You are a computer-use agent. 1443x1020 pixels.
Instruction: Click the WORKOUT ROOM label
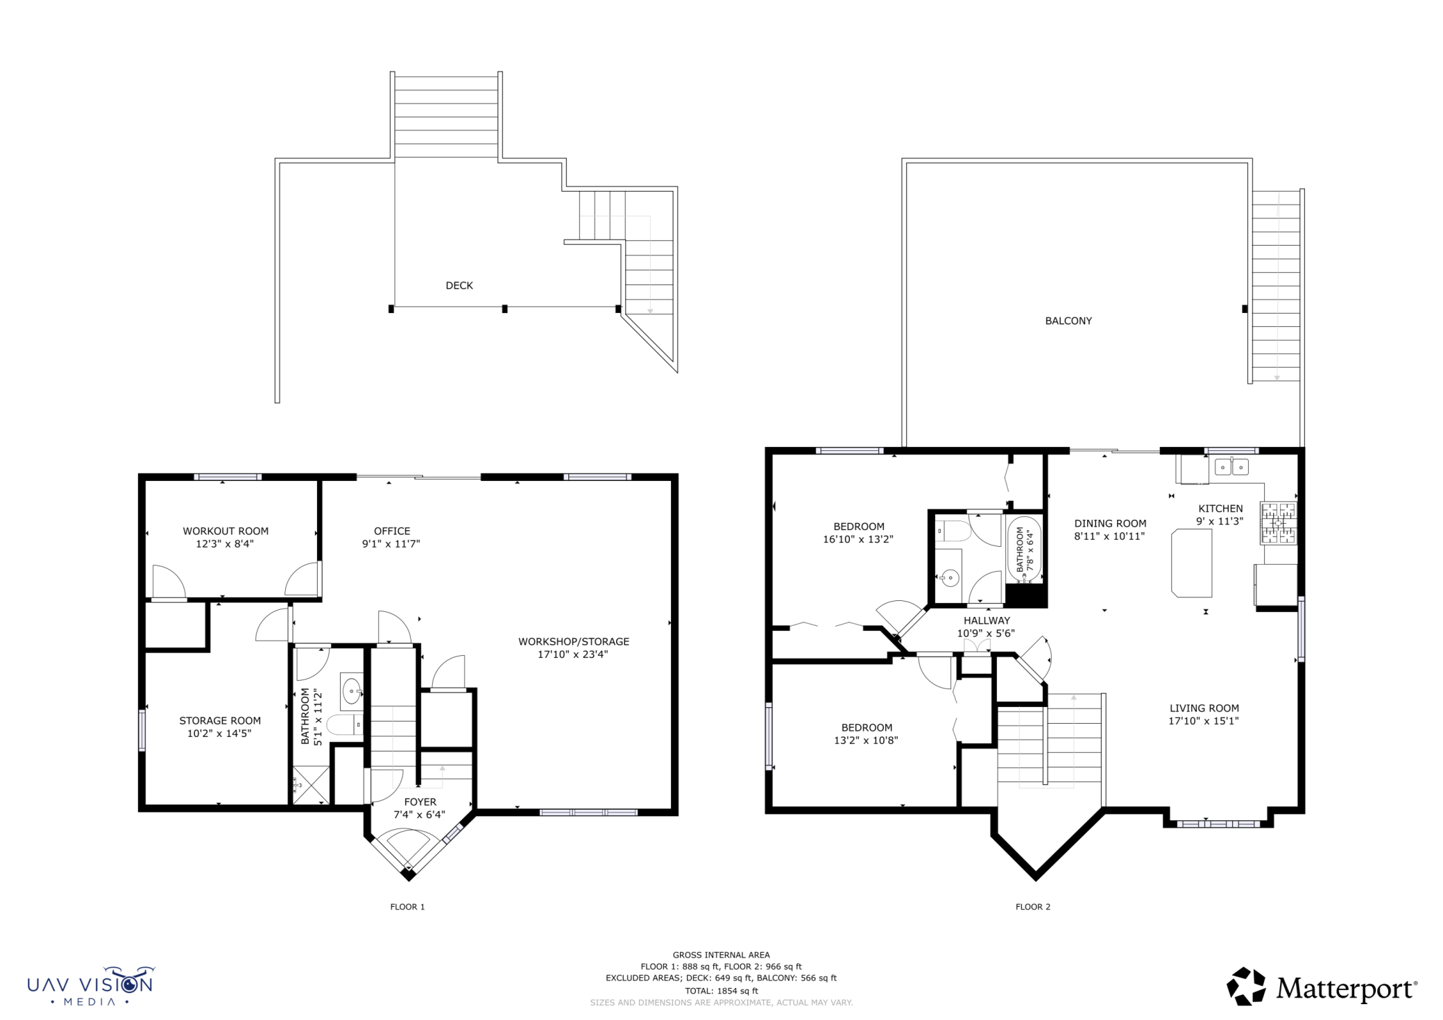tap(225, 531)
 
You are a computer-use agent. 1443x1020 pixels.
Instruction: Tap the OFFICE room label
tap(392, 531)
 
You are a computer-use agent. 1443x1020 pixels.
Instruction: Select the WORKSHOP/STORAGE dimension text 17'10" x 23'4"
tap(572, 654)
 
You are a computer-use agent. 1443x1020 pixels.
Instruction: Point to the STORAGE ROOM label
tap(220, 721)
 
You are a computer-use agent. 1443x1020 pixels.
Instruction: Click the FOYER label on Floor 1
tap(420, 802)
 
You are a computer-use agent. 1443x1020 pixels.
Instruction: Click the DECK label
tap(459, 285)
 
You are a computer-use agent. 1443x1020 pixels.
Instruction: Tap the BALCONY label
tap(1068, 321)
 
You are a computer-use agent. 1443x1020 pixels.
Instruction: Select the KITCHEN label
tap(1220, 509)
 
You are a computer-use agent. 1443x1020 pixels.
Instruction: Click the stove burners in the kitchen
tap(1279, 523)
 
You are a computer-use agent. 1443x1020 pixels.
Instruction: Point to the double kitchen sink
tap(1231, 467)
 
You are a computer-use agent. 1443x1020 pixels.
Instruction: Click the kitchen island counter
tap(1192, 563)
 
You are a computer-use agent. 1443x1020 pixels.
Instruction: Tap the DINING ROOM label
tap(1110, 524)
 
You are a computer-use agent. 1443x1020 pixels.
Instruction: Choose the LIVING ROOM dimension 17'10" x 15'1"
tap(1204, 721)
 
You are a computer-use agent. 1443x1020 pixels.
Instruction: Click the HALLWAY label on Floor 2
tap(987, 620)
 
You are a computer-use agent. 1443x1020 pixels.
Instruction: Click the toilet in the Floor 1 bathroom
tap(345, 725)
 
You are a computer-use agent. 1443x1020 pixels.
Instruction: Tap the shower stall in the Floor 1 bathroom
tap(311, 785)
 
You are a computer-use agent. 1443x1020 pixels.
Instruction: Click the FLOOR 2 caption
tap(1033, 907)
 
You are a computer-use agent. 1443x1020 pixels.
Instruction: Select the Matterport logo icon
tap(1246, 986)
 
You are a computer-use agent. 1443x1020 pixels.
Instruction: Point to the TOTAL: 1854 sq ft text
tap(721, 991)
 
